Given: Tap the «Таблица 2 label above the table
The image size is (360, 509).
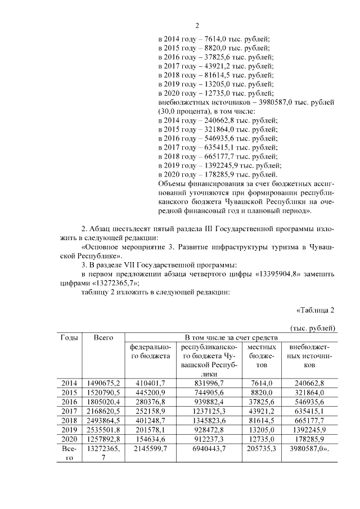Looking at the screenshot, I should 315,310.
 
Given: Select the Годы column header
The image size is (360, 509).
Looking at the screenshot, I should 69,337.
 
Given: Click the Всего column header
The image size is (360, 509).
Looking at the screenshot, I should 103,337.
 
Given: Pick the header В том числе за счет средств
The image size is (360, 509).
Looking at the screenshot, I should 231,337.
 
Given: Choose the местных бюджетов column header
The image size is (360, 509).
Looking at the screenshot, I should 261,356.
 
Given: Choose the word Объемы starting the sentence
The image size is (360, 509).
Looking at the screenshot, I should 173,184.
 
